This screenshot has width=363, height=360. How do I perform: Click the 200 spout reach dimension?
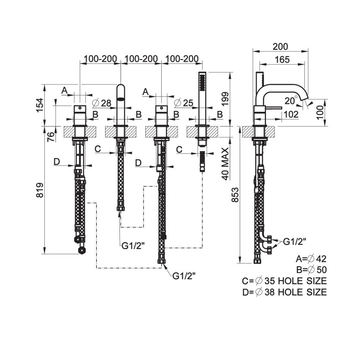click(x=280, y=47)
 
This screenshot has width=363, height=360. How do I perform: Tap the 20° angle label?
click(x=290, y=101)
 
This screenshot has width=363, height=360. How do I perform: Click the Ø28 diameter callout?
click(x=102, y=103)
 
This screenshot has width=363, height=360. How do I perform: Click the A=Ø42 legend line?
click(x=311, y=259)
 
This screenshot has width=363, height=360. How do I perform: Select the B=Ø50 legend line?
click(x=311, y=270)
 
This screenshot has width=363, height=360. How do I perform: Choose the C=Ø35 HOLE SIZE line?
click(x=284, y=281)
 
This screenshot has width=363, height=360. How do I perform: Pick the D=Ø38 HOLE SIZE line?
click(x=284, y=292)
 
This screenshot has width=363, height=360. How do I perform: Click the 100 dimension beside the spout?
click(x=332, y=113)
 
